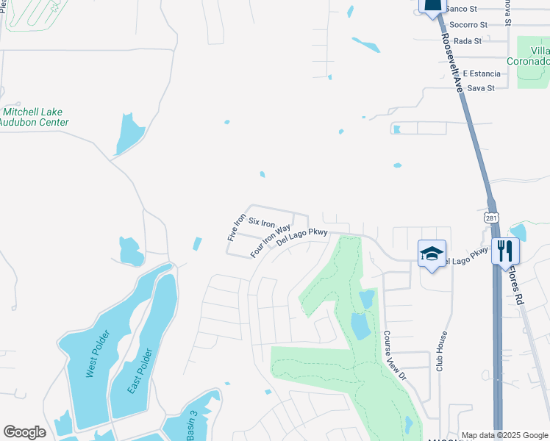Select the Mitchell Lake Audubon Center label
tap(35, 118)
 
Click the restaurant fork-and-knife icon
tap(504, 250)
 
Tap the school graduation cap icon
tap(432, 254)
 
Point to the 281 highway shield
tap(492, 218)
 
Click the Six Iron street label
tap(262, 222)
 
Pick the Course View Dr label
tap(394, 354)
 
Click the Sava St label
tap(481, 88)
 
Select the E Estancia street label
tap(481, 73)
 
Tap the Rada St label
tap(468, 41)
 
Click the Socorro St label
tap(466, 25)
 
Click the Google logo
tap(24, 432)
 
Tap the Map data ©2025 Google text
tap(504, 435)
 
